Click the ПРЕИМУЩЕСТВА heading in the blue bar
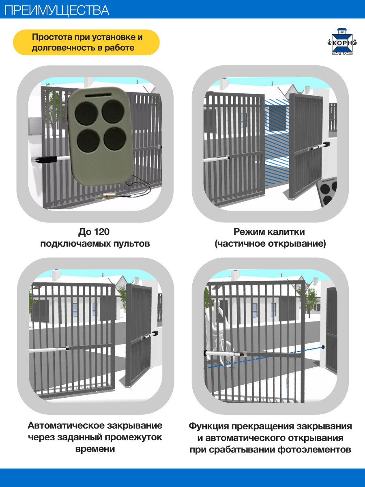coord(57,10)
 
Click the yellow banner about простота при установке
coord(86,42)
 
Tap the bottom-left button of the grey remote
coord(88,139)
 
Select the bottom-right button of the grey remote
coord(114,138)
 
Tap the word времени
coord(95,449)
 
